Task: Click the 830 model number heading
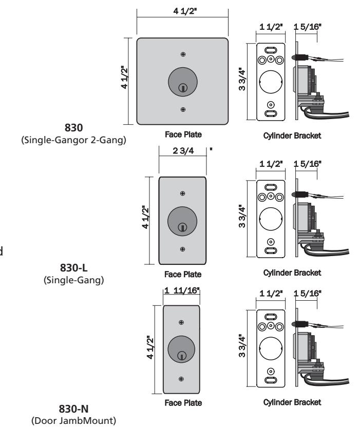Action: point(73,128)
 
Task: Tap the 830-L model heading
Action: point(74,268)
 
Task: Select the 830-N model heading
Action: point(74,409)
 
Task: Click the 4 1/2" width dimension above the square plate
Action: point(185,11)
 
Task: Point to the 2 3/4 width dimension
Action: point(183,150)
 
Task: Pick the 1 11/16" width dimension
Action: point(182,290)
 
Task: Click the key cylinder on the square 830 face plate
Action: point(183,82)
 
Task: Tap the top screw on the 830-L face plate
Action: point(183,193)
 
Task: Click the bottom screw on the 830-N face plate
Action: point(181,379)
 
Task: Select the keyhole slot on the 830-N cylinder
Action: point(181,356)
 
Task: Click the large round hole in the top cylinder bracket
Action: point(271,82)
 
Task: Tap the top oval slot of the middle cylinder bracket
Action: point(271,187)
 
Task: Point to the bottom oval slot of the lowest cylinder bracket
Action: point(271,380)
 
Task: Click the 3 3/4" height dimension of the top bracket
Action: point(242,79)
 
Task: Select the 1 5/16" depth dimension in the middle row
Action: point(308,164)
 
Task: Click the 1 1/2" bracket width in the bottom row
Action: point(271,294)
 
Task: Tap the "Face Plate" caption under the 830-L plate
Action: point(183,275)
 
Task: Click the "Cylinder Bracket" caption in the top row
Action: point(292,135)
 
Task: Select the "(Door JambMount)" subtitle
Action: point(74,420)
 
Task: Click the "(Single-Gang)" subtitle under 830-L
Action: point(74,280)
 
